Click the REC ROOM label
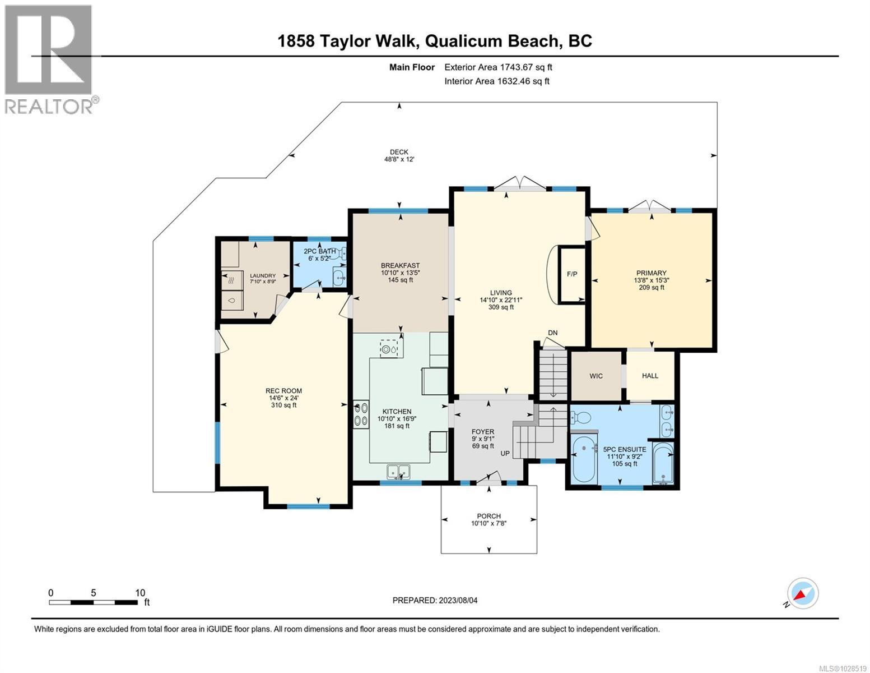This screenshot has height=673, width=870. click(283, 391)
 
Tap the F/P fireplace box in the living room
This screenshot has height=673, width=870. click(572, 275)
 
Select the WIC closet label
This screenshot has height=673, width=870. click(596, 376)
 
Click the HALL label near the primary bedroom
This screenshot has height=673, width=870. click(650, 376)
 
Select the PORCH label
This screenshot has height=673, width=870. click(488, 516)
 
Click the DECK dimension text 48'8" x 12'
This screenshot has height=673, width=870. click(399, 159)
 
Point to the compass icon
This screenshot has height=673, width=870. click(803, 593)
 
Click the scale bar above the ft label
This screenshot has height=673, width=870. click(94, 603)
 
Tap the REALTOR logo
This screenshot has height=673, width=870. click(49, 59)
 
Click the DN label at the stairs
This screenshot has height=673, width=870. click(553, 333)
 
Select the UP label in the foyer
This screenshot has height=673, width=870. click(505, 453)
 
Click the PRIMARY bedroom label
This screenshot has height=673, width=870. click(651, 273)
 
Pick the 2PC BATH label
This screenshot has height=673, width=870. click(320, 251)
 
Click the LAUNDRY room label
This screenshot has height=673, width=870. click(263, 275)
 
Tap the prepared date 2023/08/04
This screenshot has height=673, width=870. click(435, 600)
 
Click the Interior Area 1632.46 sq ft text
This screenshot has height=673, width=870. click(496, 81)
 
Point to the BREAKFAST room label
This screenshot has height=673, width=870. click(400, 266)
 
